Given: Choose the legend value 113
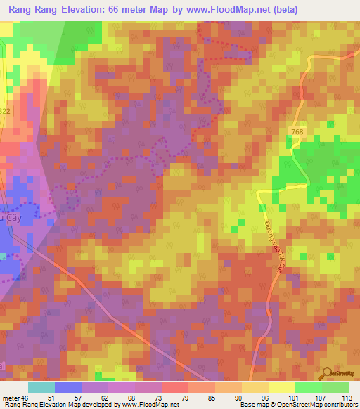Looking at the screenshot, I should tap(348, 397).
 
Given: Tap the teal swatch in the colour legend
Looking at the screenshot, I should tap(41, 387).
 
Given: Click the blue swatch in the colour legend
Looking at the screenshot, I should tap(68, 387).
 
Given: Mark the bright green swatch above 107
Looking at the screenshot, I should tap(309, 387).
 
